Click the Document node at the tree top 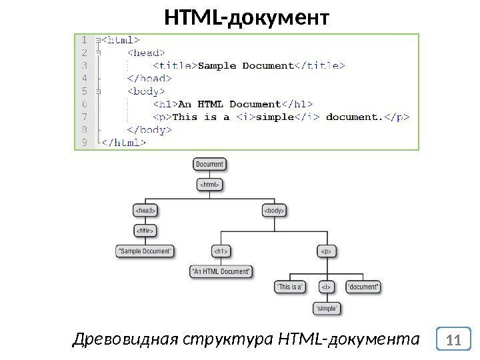209,163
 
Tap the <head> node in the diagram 145,211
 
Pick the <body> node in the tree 273,211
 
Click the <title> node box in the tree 145,231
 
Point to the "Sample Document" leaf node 145,251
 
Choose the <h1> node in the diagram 221,251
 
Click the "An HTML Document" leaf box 221,271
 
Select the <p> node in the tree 326,251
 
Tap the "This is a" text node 290,287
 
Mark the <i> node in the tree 326,287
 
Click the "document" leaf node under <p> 363,287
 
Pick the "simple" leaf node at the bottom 326,308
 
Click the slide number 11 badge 455,340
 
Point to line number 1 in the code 85,40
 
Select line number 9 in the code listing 85,142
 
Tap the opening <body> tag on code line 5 146,91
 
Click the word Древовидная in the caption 123,340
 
